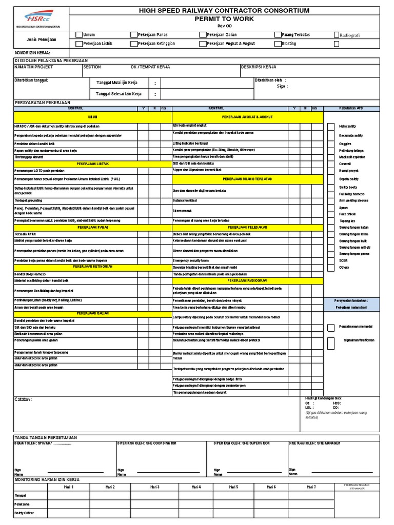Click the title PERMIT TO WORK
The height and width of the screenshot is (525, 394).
tap(221, 18)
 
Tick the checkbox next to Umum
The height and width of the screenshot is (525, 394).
tap(78, 35)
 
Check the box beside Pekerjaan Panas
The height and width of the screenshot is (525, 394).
tap(134, 35)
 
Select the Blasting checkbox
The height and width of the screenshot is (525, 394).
tap(278, 44)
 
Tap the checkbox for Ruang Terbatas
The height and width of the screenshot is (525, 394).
tap(278, 35)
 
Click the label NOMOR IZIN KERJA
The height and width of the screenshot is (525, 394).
tap(32, 53)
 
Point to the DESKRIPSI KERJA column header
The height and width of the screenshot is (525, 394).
tap(259, 67)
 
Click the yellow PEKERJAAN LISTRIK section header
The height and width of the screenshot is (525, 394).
tap(93, 164)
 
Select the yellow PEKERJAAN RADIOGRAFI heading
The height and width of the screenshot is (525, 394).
tap(247, 280)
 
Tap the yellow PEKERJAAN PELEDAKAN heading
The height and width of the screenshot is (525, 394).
tap(247, 227)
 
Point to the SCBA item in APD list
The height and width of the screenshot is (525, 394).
tap(344, 260)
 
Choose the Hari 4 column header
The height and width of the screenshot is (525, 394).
tap(195, 487)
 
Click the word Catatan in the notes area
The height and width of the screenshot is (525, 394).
tap(24, 399)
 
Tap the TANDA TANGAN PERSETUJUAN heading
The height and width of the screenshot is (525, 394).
tap(46, 437)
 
